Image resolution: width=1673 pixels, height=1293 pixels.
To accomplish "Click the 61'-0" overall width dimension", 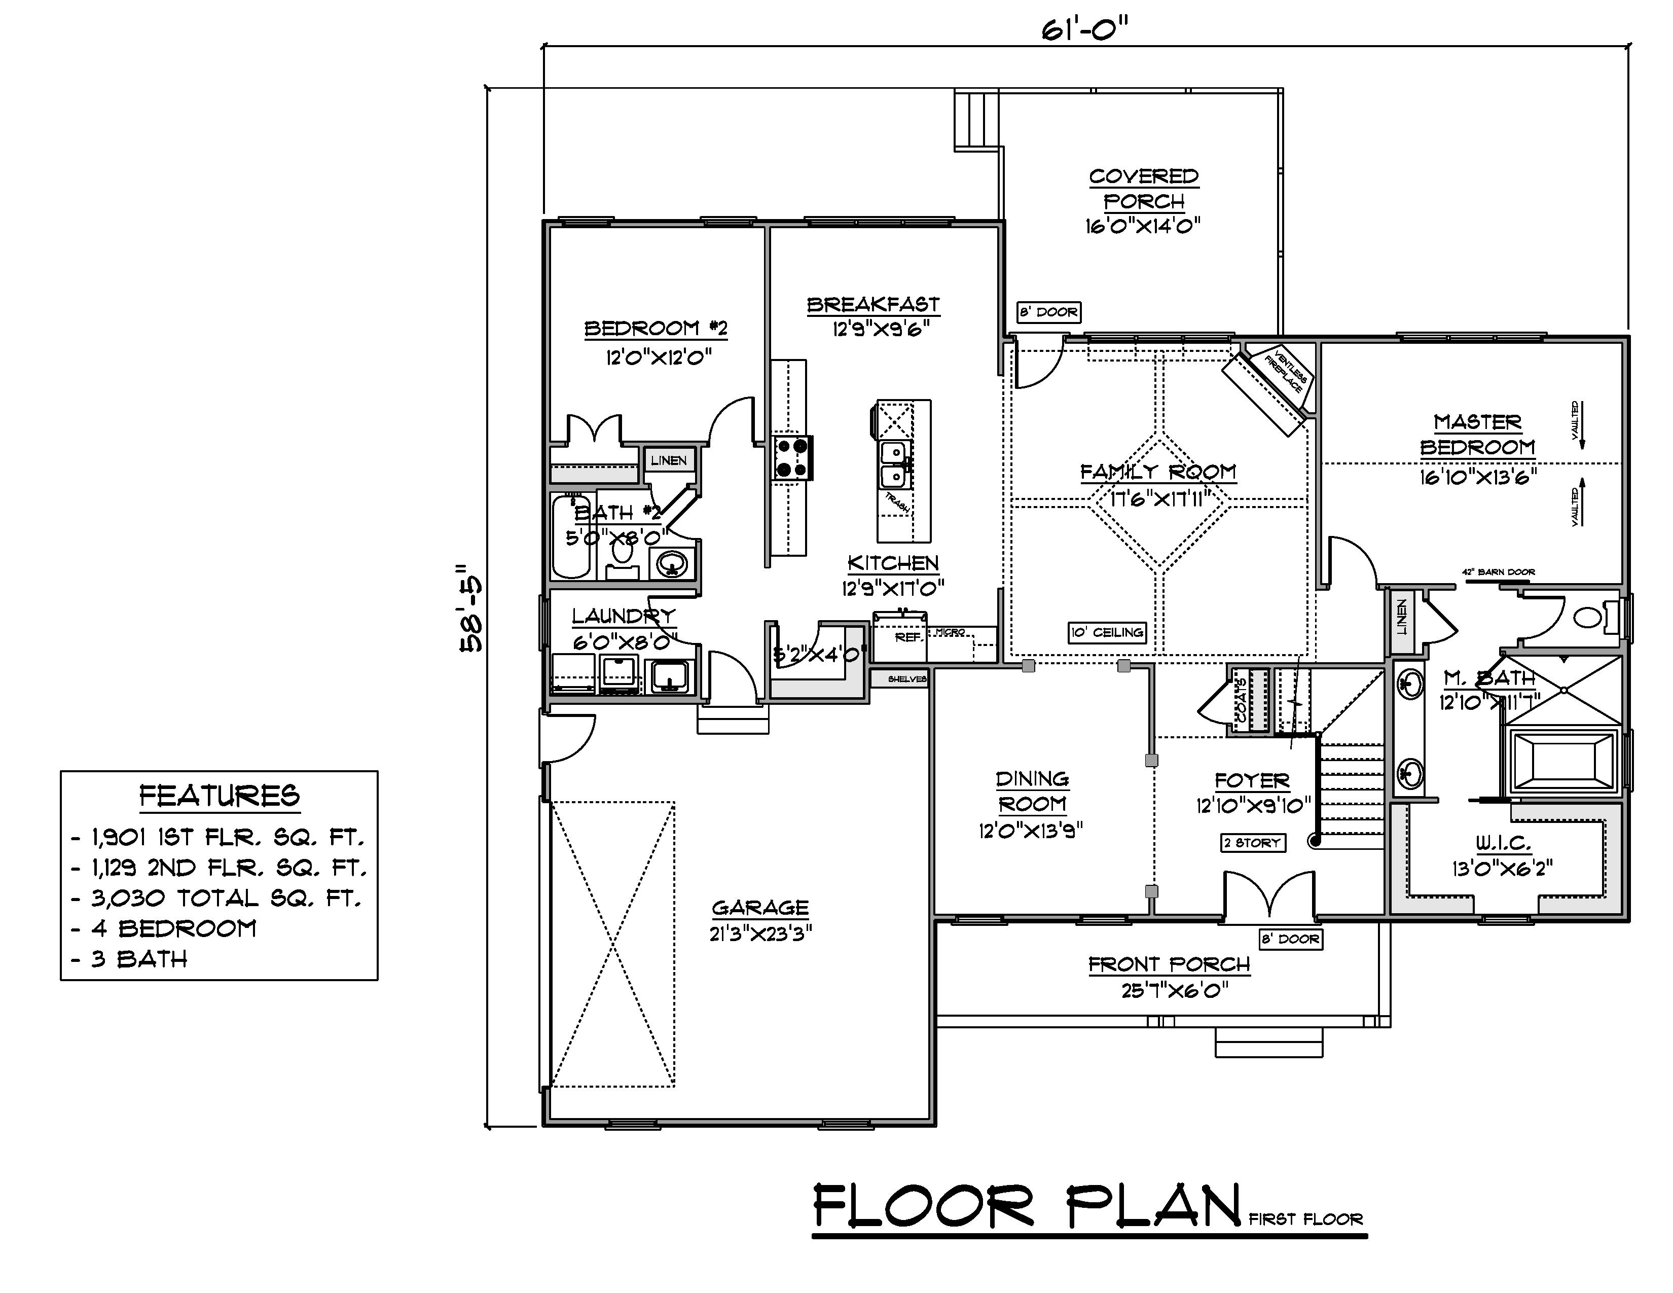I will click(x=1085, y=30).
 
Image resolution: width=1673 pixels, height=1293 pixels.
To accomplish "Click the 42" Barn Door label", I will click(x=1498, y=572).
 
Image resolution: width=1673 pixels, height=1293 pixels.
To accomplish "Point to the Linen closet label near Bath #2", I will click(x=668, y=460).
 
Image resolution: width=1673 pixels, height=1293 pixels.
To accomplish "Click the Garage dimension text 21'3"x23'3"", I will click(x=760, y=933).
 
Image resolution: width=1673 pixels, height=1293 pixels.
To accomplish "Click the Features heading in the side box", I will click(x=219, y=796).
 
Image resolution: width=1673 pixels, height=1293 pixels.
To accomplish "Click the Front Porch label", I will click(x=1169, y=964).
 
